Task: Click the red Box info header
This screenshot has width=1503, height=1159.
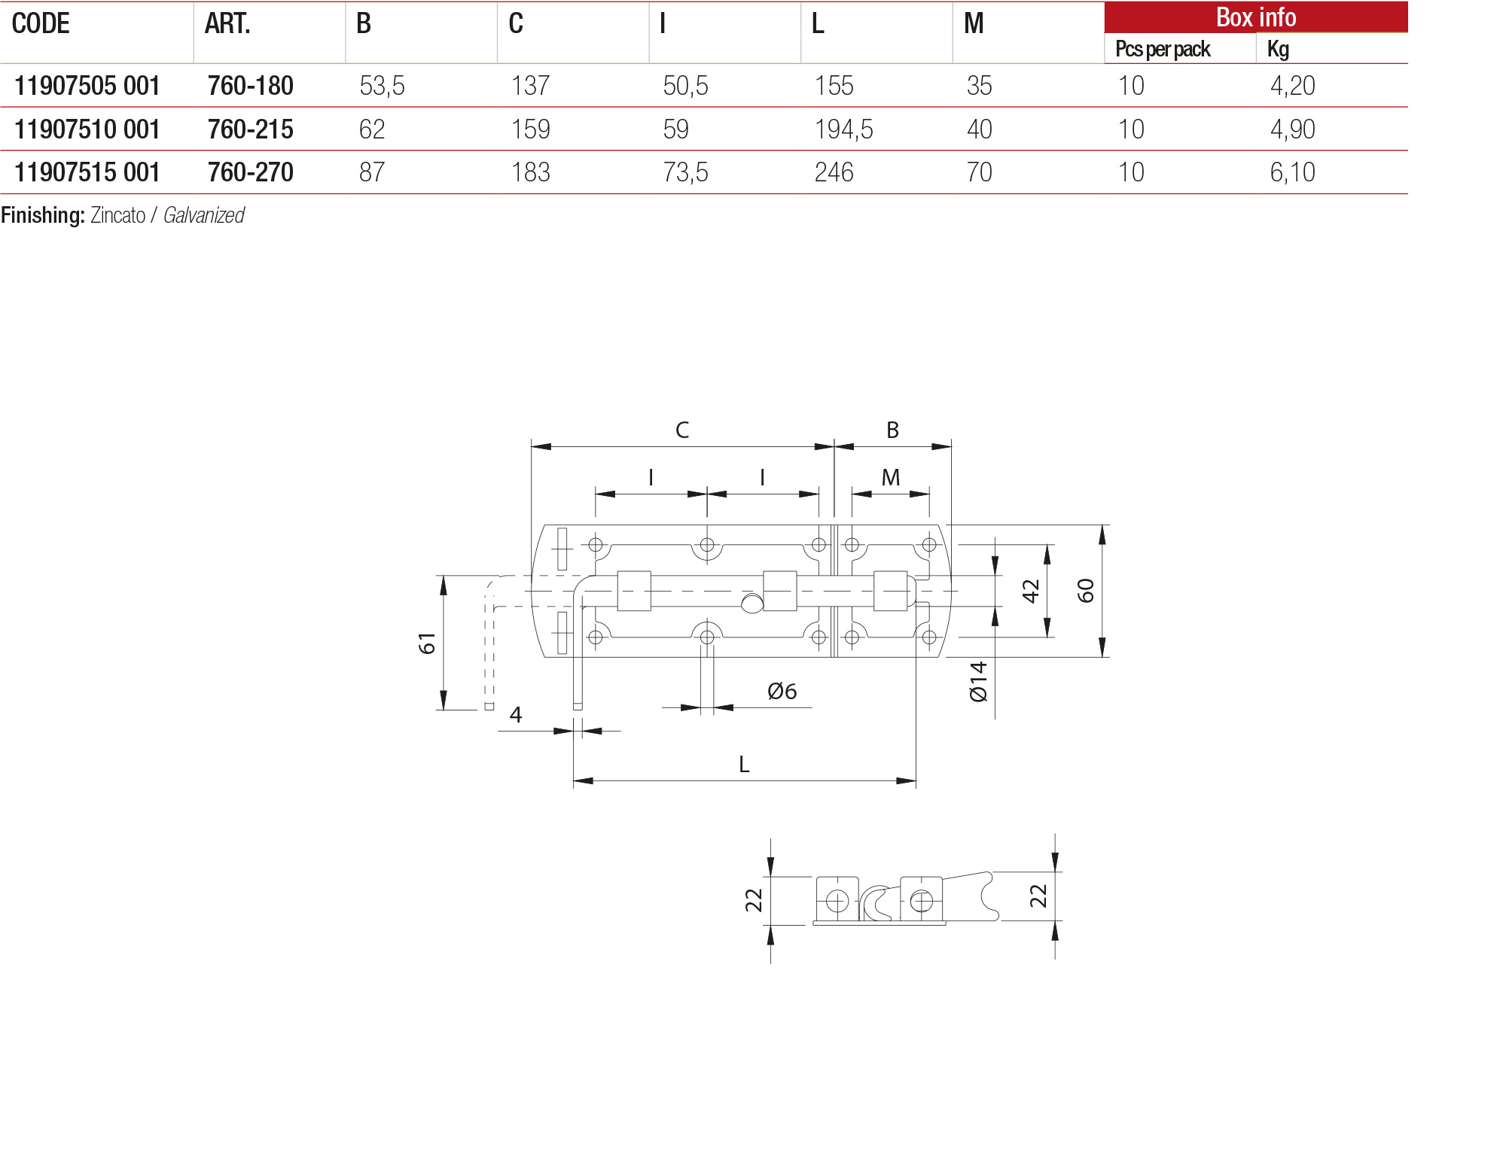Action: pos(1255,17)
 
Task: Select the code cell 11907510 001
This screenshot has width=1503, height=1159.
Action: pos(87,129)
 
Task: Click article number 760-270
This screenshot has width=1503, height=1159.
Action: pos(250,172)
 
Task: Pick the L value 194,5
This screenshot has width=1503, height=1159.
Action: pos(843,129)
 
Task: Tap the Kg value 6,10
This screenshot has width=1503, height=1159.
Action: pos(1292,172)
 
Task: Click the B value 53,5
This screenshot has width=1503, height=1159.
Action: pos(382,86)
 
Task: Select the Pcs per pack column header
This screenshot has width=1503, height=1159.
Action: pos(1163,49)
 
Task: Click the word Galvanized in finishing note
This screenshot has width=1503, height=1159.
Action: pos(204,216)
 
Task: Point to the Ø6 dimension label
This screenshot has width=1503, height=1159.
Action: pos(782,691)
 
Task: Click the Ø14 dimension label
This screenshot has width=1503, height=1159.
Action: pos(978,682)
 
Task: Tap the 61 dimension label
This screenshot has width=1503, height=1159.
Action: pos(427,643)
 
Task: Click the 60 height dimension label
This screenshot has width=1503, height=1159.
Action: pos(1085,591)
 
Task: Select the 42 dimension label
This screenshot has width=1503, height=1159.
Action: pos(1030,591)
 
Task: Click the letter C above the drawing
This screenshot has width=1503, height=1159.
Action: pos(682,430)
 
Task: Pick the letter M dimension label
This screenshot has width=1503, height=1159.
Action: pos(891,478)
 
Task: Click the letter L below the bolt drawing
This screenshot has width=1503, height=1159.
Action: pos(744,765)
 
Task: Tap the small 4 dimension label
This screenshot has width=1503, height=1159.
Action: pos(516,714)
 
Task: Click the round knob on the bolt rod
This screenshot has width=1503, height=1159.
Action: pos(751,603)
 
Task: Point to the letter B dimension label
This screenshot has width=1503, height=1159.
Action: pos(892,430)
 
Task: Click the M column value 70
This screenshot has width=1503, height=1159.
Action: pos(979,172)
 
